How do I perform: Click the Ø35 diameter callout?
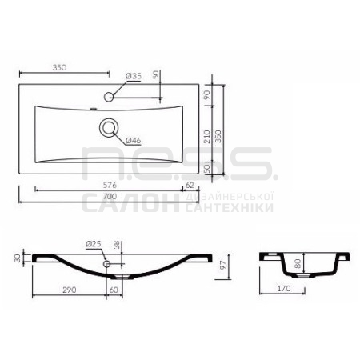tap(134, 76)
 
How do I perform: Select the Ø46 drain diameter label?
tap(134, 140)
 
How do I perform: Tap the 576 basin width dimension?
tap(110, 185)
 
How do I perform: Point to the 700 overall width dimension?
tap(110, 197)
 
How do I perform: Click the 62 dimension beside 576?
tap(190, 185)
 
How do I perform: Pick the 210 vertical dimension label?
tap(207, 137)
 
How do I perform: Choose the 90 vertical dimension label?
tap(207, 94)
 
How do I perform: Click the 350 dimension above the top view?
tap(59, 67)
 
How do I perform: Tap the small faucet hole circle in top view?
tap(109, 97)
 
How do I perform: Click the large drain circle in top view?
tap(108, 128)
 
